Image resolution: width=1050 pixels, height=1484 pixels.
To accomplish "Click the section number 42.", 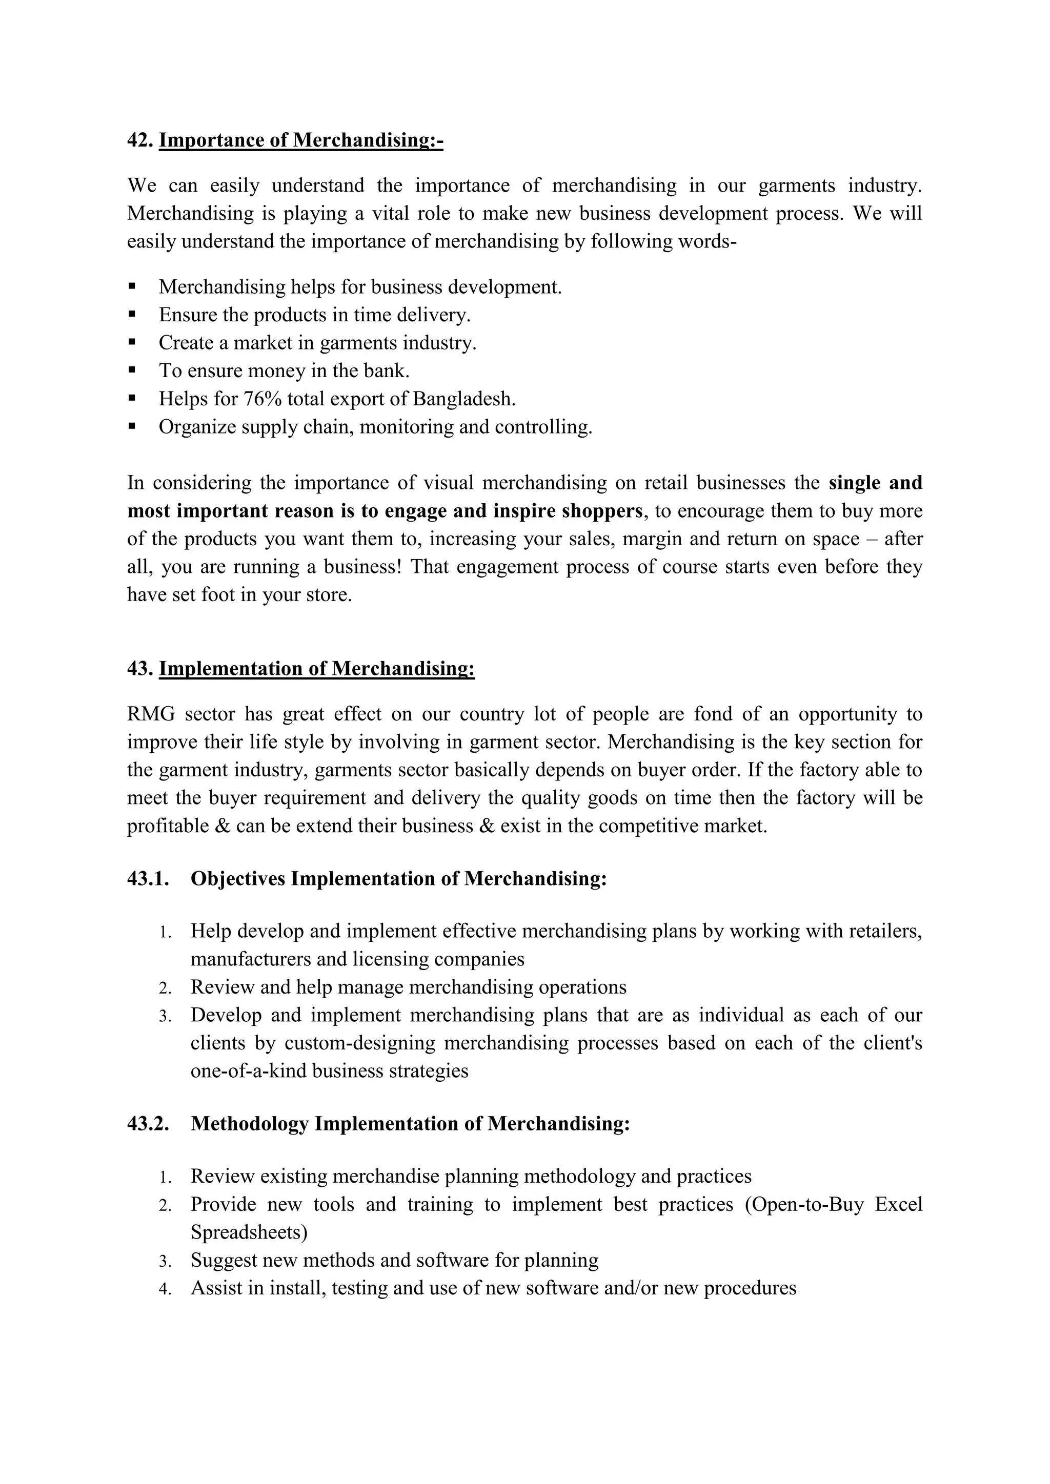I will [x=139, y=140].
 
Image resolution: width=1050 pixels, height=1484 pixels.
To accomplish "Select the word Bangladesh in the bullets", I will [x=463, y=399].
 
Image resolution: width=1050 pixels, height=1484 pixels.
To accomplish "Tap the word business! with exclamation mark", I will [x=362, y=567].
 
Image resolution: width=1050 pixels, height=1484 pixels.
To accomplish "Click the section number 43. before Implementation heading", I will [x=139, y=668].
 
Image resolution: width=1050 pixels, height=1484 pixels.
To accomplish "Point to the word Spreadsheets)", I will [x=249, y=1232].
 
